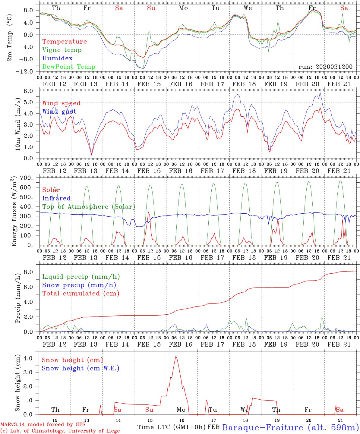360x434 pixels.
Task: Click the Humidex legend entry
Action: pyautogui.click(x=57, y=58)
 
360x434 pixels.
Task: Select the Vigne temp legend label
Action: pyautogui.click(x=62, y=50)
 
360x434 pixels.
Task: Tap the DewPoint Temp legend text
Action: pyautogui.click(x=69, y=67)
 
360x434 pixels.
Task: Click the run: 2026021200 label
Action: pyautogui.click(x=325, y=67)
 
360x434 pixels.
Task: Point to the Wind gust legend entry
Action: pyautogui.click(x=59, y=112)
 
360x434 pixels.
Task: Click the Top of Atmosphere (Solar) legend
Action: pyautogui.click(x=89, y=207)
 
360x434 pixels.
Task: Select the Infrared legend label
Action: pyautogui.click(x=56, y=198)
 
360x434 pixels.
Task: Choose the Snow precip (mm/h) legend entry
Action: pyautogui.click(x=79, y=285)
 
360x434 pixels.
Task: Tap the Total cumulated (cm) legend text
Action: pyautogui.click(x=81, y=294)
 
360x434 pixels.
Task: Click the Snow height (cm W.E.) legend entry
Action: pyautogui.click(x=80, y=368)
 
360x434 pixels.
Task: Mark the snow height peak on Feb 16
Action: pyautogui.click(x=176, y=356)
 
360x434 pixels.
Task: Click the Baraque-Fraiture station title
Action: pyautogui.click(x=290, y=427)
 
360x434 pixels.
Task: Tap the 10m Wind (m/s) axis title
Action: pyautogui.click(x=18, y=124)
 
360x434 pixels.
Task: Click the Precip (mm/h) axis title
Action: pyautogui.click(x=18, y=298)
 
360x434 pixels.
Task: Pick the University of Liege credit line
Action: pyautogui.click(x=60, y=431)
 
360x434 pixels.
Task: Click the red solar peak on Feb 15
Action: pyautogui.click(x=148, y=212)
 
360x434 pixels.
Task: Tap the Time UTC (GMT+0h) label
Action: pyautogui.click(x=172, y=427)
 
